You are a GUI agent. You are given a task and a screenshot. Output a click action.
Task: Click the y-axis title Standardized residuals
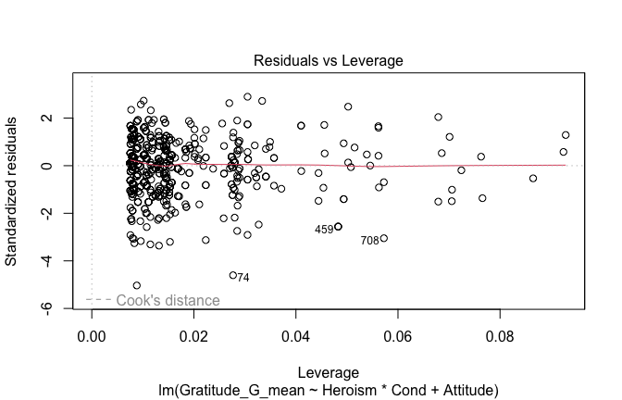click(x=12, y=191)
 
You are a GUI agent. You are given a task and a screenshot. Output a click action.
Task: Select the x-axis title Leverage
click(x=330, y=369)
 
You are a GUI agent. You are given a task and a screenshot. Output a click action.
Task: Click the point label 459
click(x=323, y=229)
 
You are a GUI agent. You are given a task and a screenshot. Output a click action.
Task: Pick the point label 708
click(x=369, y=241)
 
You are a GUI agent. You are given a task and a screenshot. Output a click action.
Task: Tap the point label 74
click(x=243, y=277)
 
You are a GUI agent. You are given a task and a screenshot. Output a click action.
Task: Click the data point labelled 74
click(x=233, y=275)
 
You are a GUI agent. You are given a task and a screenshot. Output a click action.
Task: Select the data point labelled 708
click(x=384, y=238)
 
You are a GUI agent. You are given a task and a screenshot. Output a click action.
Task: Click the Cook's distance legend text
click(x=168, y=300)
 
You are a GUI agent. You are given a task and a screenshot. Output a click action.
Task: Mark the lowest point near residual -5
click(x=137, y=285)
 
